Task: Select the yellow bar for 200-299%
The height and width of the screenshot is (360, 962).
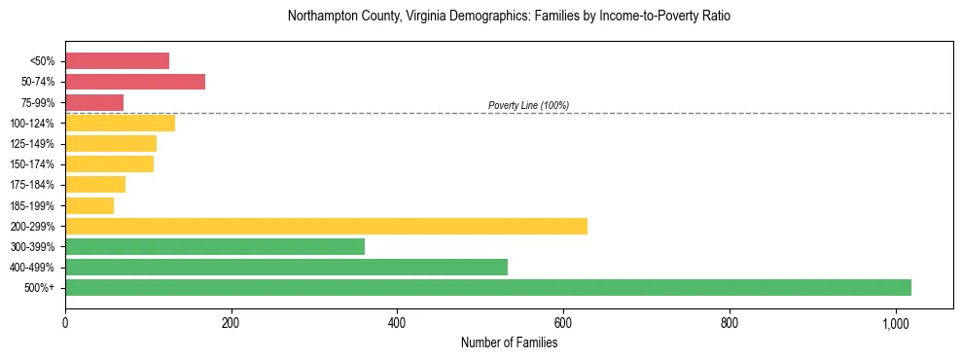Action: pyautogui.click(x=326, y=226)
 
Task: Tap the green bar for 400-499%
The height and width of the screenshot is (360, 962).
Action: pyautogui.click(x=286, y=267)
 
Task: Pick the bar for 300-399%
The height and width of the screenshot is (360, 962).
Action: pyautogui.click(x=215, y=246)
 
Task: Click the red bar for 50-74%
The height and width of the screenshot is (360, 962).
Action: pyautogui.click(x=135, y=82)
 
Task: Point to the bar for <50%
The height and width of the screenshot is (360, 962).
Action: pyautogui.click(x=117, y=61)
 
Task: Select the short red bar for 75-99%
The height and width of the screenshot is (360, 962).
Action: pyautogui.click(x=94, y=102)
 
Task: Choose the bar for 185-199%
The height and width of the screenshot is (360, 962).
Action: pyautogui.click(x=89, y=205)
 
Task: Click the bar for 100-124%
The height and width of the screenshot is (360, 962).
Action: pyautogui.click(x=120, y=123)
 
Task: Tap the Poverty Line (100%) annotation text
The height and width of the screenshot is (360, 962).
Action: pyautogui.click(x=528, y=105)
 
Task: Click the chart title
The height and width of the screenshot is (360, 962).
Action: pyautogui.click(x=509, y=17)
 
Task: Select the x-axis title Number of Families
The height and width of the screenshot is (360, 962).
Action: pyautogui.click(x=509, y=342)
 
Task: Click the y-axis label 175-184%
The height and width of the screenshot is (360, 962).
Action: pyautogui.click(x=32, y=185)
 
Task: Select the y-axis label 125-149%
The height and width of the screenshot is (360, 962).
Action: pyautogui.click(x=32, y=144)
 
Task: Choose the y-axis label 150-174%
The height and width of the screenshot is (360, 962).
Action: pyautogui.click(x=32, y=164)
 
